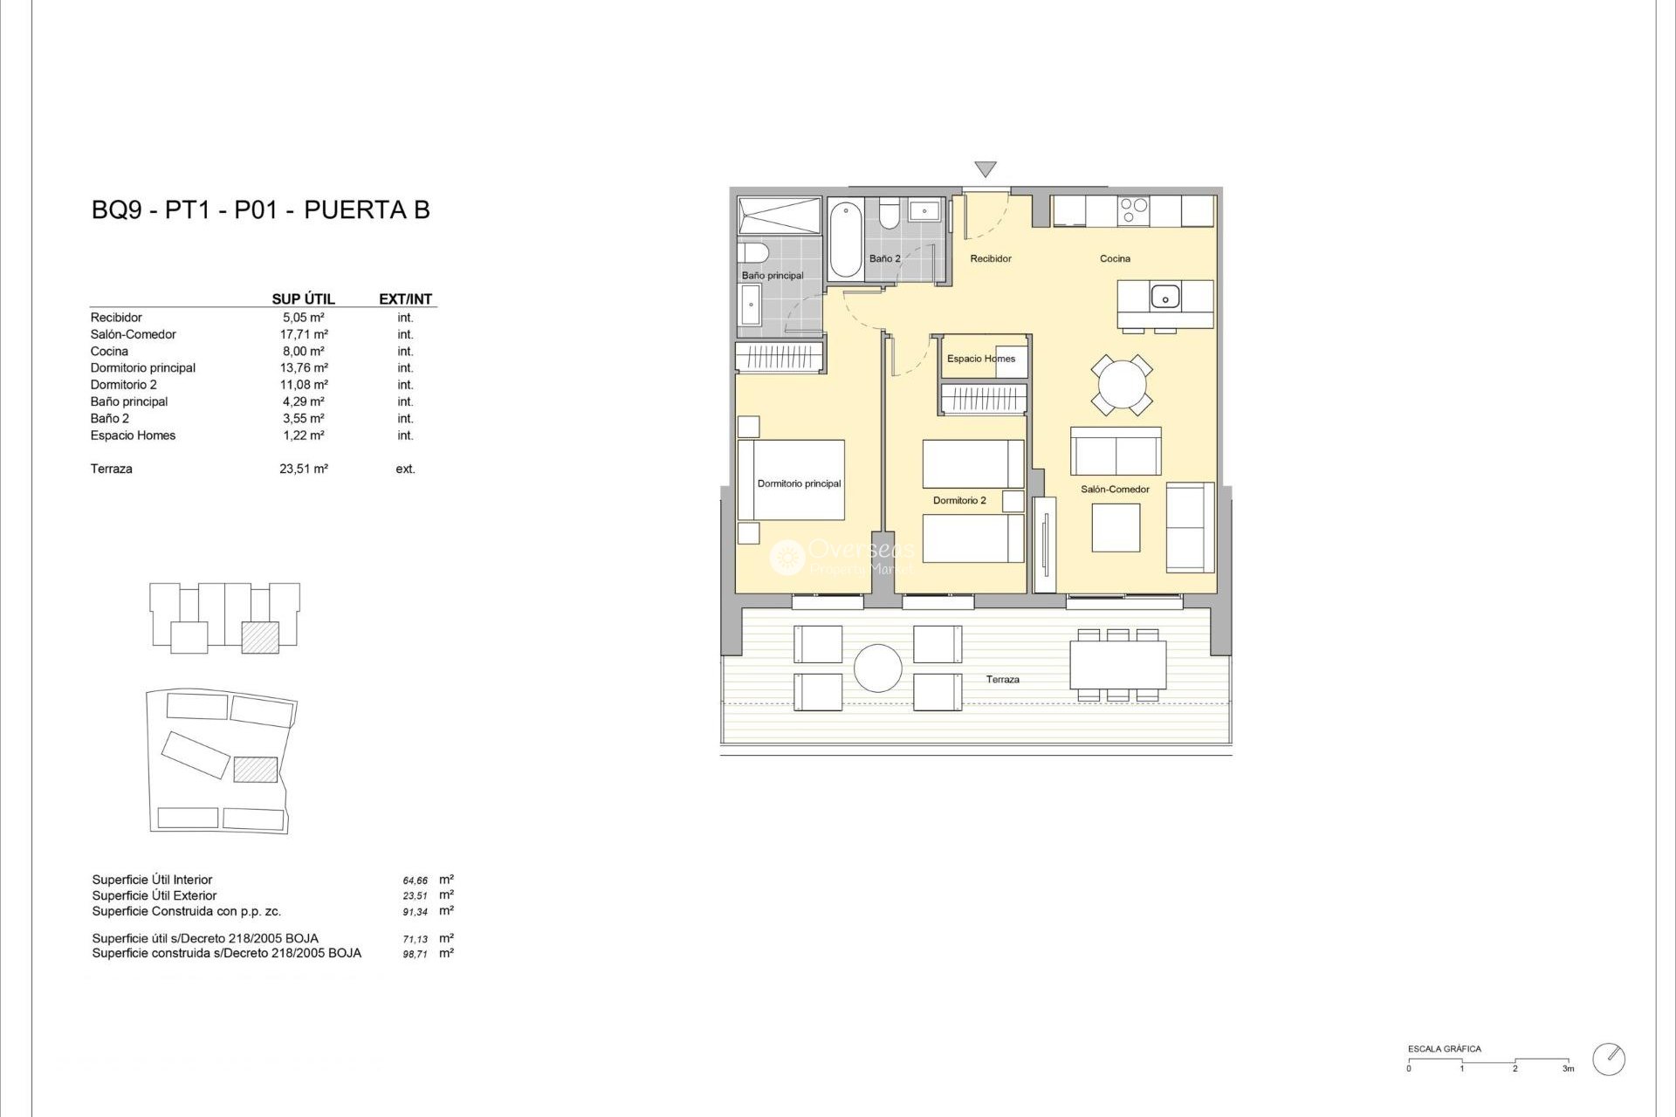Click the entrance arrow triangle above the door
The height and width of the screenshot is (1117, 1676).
tap(985, 168)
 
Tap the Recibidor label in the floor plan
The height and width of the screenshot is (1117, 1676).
tap(991, 258)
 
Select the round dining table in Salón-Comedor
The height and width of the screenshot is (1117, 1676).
tap(1121, 385)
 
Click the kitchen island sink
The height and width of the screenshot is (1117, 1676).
tap(1164, 297)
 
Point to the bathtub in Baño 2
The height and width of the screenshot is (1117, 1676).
tap(845, 239)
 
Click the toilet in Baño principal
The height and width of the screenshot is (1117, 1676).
tap(752, 253)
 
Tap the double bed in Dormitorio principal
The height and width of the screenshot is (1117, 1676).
tap(791, 480)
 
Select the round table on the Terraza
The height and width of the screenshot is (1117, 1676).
tap(877, 668)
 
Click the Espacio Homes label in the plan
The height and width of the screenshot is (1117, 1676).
tap(980, 359)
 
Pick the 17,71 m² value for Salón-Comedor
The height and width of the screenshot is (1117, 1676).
tap(304, 334)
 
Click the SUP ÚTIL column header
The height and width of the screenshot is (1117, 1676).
tap(303, 298)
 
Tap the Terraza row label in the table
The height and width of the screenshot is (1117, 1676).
tap(112, 469)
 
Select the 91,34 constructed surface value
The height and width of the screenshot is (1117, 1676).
tap(415, 912)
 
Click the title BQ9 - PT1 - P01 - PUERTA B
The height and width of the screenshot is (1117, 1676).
tap(260, 210)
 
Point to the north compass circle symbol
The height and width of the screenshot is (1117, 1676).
tap(1609, 1059)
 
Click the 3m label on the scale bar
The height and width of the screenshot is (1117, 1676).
tap(1568, 1068)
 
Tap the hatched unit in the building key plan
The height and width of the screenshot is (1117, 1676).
tap(260, 638)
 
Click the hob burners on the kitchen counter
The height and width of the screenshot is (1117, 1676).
tap(1134, 210)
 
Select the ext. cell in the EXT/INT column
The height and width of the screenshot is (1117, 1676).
tap(405, 469)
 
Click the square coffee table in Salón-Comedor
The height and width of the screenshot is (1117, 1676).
tap(1116, 528)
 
